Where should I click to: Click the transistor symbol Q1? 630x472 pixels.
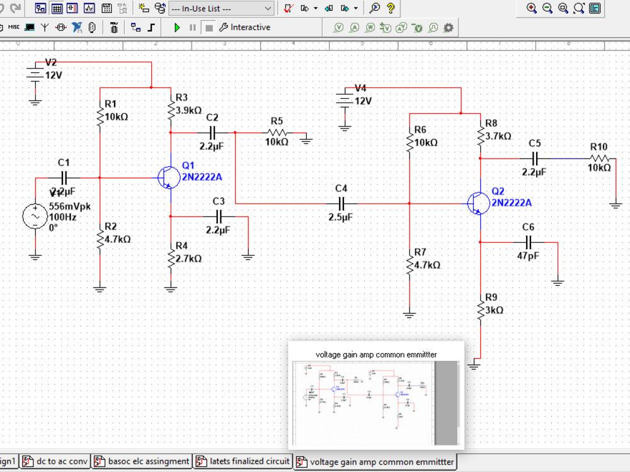[167, 177]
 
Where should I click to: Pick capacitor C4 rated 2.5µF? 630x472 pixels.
[341, 203]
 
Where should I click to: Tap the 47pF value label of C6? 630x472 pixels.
[529, 256]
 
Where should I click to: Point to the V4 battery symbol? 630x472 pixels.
[344, 100]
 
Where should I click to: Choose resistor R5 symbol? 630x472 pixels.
[277, 133]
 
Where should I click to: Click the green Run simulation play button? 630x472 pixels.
[177, 28]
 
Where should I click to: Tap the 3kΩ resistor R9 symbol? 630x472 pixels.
[480, 310]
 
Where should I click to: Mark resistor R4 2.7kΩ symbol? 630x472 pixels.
[171, 258]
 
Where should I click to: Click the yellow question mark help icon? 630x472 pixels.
[391, 9]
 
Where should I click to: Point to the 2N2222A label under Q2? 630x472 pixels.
[512, 203]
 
